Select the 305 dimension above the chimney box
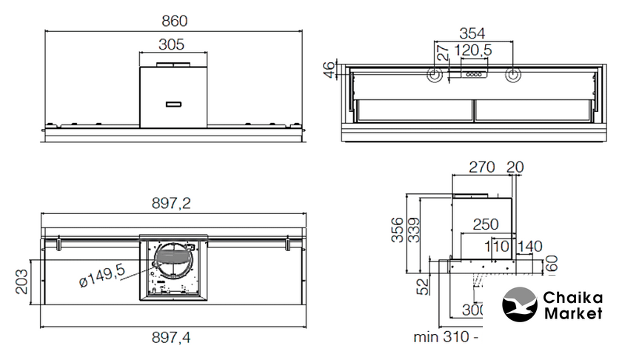(x=171, y=44)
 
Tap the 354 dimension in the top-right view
(x=472, y=33)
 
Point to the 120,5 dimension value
(x=473, y=51)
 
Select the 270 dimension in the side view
(x=482, y=168)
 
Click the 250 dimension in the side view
(x=486, y=224)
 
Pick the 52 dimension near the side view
(x=421, y=286)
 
